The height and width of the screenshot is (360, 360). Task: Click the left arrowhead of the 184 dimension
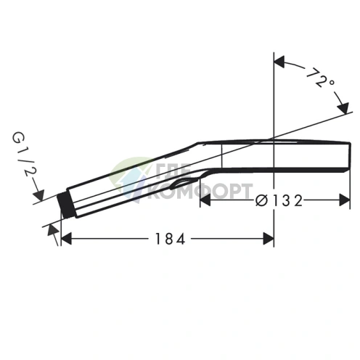coord(67,238)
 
